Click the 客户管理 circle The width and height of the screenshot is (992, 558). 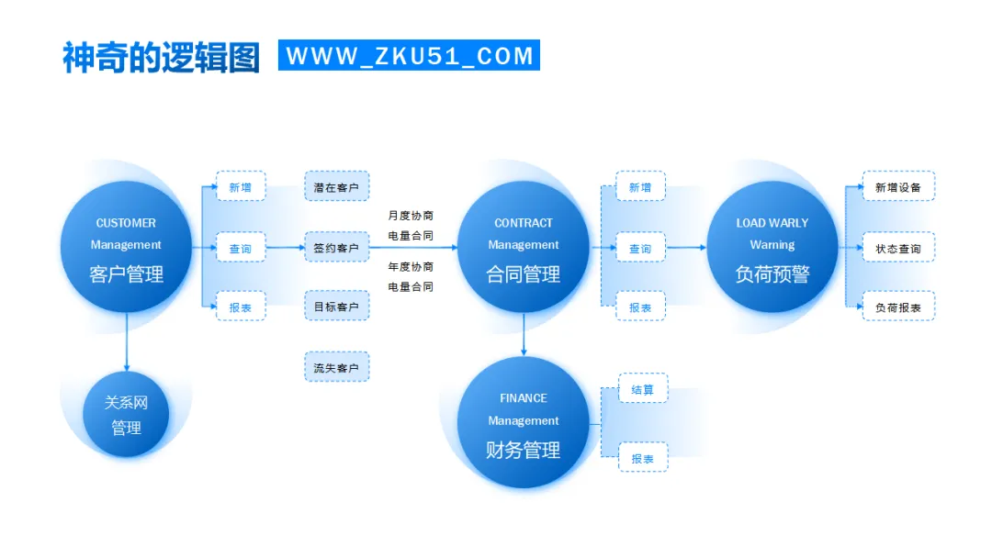(x=126, y=247)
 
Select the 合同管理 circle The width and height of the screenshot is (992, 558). (x=523, y=247)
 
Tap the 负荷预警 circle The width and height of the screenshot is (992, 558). (x=772, y=247)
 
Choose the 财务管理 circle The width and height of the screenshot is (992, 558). (x=523, y=423)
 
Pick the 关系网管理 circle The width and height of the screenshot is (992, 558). (x=126, y=415)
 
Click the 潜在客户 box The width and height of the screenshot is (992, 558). (x=336, y=186)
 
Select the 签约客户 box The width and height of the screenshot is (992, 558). (x=336, y=247)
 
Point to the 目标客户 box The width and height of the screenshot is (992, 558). (x=336, y=306)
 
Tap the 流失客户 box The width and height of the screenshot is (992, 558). (x=336, y=367)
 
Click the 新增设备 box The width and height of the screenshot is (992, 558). (x=898, y=186)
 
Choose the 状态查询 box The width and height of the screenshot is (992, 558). (x=898, y=248)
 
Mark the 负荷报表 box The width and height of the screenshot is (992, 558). (x=898, y=307)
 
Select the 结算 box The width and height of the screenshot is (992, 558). (x=643, y=388)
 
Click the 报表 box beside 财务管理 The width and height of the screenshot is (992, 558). (x=643, y=457)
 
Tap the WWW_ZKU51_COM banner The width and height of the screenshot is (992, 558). (x=409, y=55)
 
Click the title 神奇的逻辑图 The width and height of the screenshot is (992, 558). (x=162, y=57)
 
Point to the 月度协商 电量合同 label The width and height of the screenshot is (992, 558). (x=411, y=226)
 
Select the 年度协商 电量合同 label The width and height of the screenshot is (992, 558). (x=411, y=276)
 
